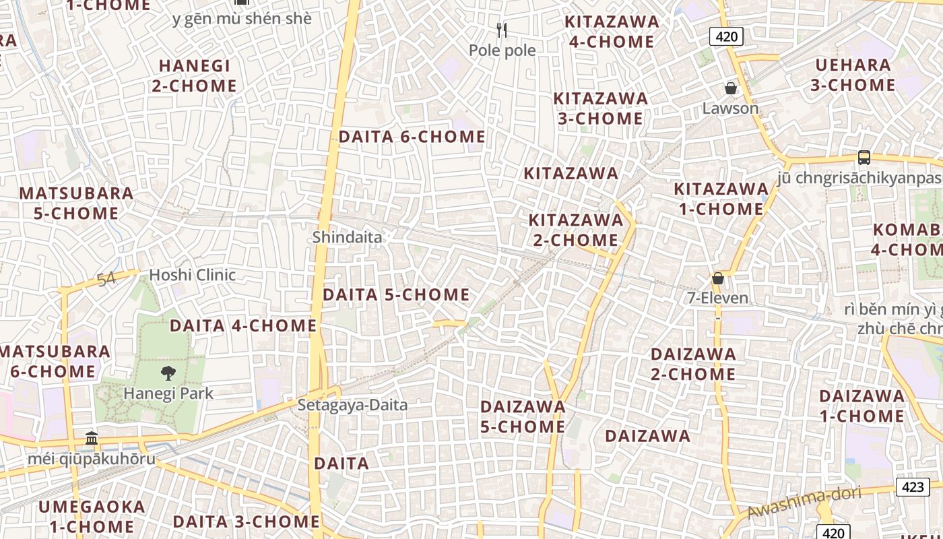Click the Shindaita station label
(347, 237)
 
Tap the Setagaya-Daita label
(352, 405)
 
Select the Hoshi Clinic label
(192, 275)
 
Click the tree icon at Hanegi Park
(168, 373)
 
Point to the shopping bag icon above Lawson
(730, 88)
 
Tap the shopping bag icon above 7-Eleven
(718, 278)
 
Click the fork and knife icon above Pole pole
(501, 30)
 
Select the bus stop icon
(864, 158)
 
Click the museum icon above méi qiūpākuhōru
(92, 439)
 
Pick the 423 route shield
(913, 486)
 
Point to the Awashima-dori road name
(804, 503)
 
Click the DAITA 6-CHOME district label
(412, 137)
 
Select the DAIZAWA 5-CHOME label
(523, 416)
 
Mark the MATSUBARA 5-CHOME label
(76, 203)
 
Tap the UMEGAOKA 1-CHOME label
(92, 516)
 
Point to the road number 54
(106, 279)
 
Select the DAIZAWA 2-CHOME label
(693, 364)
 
